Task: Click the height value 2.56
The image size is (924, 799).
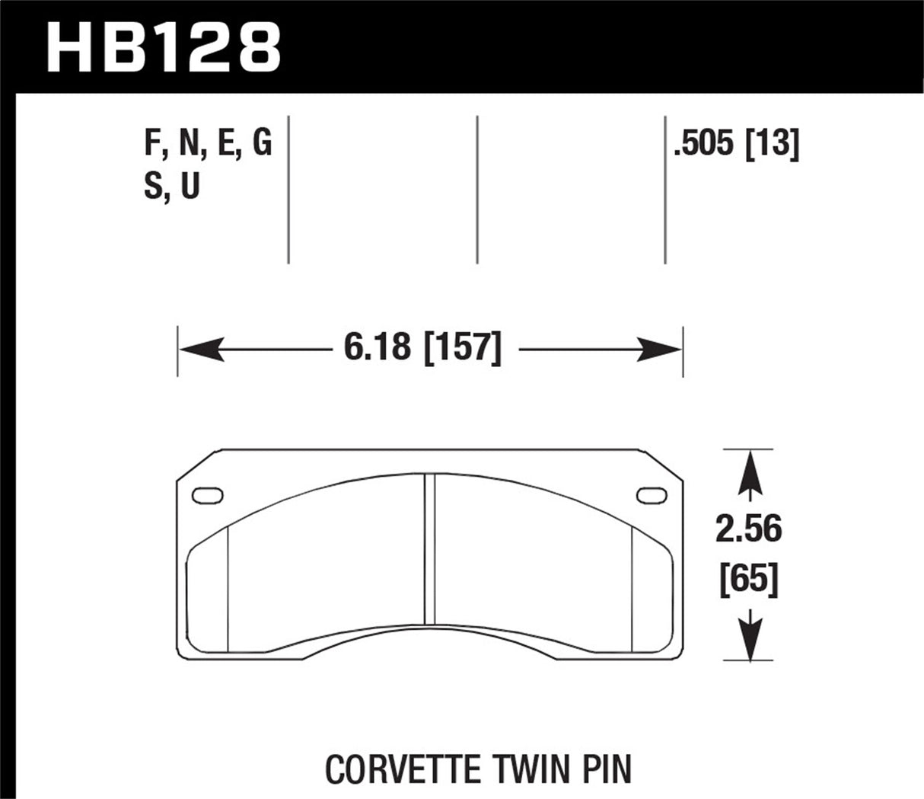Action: tap(748, 529)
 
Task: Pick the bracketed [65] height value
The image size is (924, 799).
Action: tap(748, 581)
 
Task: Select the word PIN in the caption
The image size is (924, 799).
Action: tap(605, 769)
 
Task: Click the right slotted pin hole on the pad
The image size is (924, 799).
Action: tap(649, 494)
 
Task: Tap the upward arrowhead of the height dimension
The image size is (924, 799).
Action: tap(750, 466)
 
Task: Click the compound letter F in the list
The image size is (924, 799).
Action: tap(151, 142)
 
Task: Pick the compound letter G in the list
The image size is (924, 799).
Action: tap(261, 142)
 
